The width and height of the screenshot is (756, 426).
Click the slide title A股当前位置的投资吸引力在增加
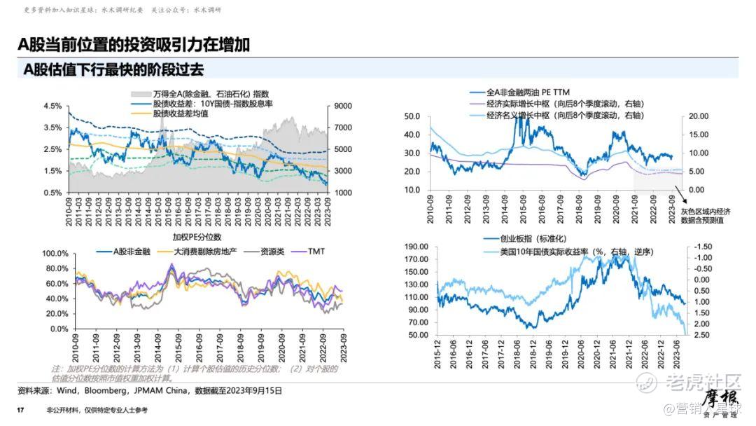(x=134, y=45)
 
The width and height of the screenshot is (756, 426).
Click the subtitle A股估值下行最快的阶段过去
(x=113, y=69)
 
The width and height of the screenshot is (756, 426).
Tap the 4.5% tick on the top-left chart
(x=52, y=106)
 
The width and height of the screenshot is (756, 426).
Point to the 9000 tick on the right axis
(x=342, y=106)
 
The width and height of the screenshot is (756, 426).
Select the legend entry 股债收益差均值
(x=181, y=113)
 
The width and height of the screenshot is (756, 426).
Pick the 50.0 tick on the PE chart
(x=412, y=116)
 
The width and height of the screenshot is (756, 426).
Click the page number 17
(x=20, y=410)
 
